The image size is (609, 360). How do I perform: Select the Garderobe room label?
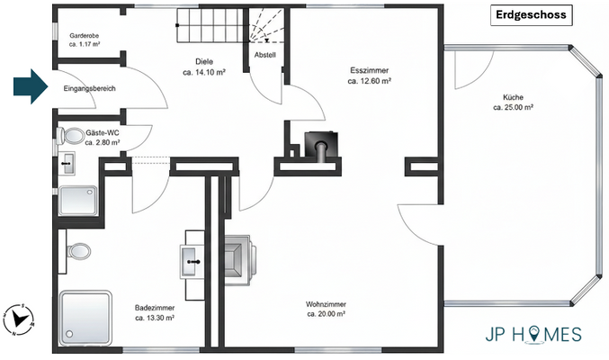pos(84,38)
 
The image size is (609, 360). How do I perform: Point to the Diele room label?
pos(203,62)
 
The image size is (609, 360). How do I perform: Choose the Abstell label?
pos(265,55)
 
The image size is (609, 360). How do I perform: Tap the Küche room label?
pos(514,97)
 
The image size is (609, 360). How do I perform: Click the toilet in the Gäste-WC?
pos(67,136)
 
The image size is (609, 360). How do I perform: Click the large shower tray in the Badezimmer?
pos(85,316)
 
